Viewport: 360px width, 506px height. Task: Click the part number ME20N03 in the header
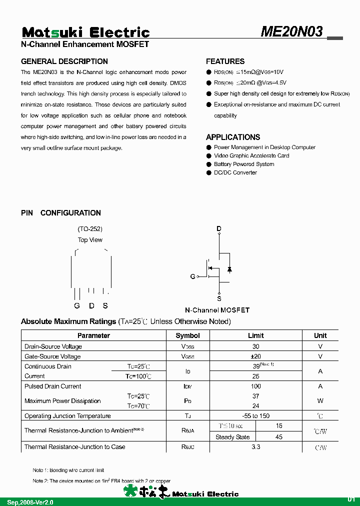click(292, 32)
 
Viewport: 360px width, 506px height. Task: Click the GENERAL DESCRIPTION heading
click(64, 61)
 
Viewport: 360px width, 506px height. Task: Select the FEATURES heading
click(225, 61)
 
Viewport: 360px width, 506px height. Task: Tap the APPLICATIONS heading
click(233, 137)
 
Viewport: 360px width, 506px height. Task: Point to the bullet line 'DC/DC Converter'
click(235, 172)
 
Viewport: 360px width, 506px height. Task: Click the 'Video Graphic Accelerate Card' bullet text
click(251, 155)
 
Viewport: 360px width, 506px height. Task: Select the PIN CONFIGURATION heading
click(61, 213)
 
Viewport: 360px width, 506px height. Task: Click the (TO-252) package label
click(90, 229)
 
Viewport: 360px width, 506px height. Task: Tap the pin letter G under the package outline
click(77, 306)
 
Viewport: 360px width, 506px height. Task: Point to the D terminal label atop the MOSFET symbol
click(219, 229)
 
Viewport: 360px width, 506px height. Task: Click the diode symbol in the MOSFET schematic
click(229, 269)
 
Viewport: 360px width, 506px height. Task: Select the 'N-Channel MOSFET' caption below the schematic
click(217, 310)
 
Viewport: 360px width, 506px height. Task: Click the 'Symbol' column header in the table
click(188, 335)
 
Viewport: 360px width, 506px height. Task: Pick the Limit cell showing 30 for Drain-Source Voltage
click(255, 346)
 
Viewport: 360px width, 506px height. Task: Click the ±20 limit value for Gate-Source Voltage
click(255, 356)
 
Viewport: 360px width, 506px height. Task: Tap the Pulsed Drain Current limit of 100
click(255, 386)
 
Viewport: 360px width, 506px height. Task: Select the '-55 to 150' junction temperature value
click(255, 416)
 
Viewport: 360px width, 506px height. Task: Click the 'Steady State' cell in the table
click(232, 437)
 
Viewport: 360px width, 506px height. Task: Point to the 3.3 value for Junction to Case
click(255, 447)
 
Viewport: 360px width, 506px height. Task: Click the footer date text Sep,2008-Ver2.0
click(30, 501)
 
